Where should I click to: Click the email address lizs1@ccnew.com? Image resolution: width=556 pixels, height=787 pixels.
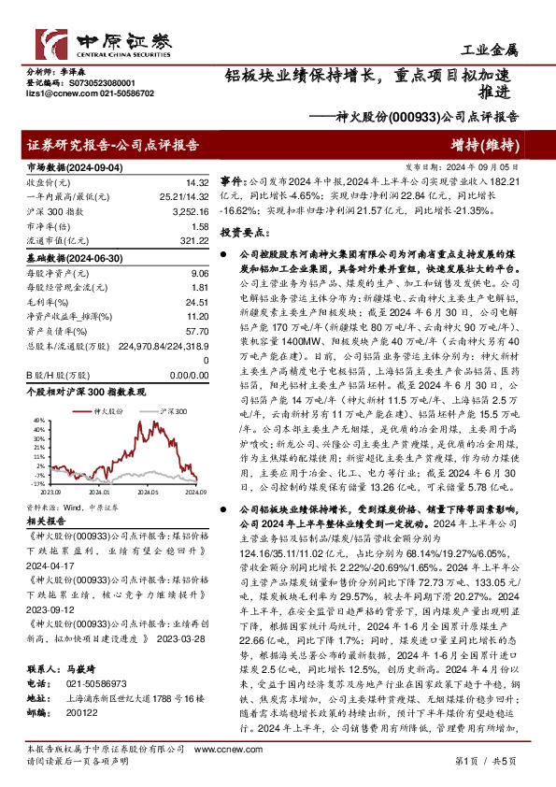click(52, 94)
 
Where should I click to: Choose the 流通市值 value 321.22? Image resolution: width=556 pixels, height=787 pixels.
click(191, 241)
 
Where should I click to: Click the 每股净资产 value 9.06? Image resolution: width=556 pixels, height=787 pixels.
click(196, 272)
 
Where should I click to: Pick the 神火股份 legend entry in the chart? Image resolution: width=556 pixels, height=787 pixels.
click(82, 411)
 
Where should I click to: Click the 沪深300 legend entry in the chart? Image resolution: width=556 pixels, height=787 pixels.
click(143, 411)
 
